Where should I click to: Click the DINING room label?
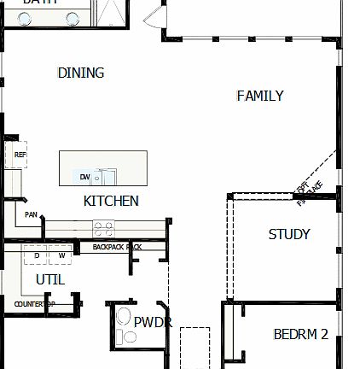81,73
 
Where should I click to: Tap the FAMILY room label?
260,97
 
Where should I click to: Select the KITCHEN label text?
111,202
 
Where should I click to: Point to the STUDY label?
289,234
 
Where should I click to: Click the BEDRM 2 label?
300,334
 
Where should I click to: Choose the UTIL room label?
50,279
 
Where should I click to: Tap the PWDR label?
153,322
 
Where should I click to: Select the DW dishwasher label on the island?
85,177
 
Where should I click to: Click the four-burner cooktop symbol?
103,227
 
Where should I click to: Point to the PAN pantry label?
31,214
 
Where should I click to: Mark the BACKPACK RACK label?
110,247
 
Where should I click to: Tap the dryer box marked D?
37,255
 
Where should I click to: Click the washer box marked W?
61,255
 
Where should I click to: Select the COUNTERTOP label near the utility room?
34,303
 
